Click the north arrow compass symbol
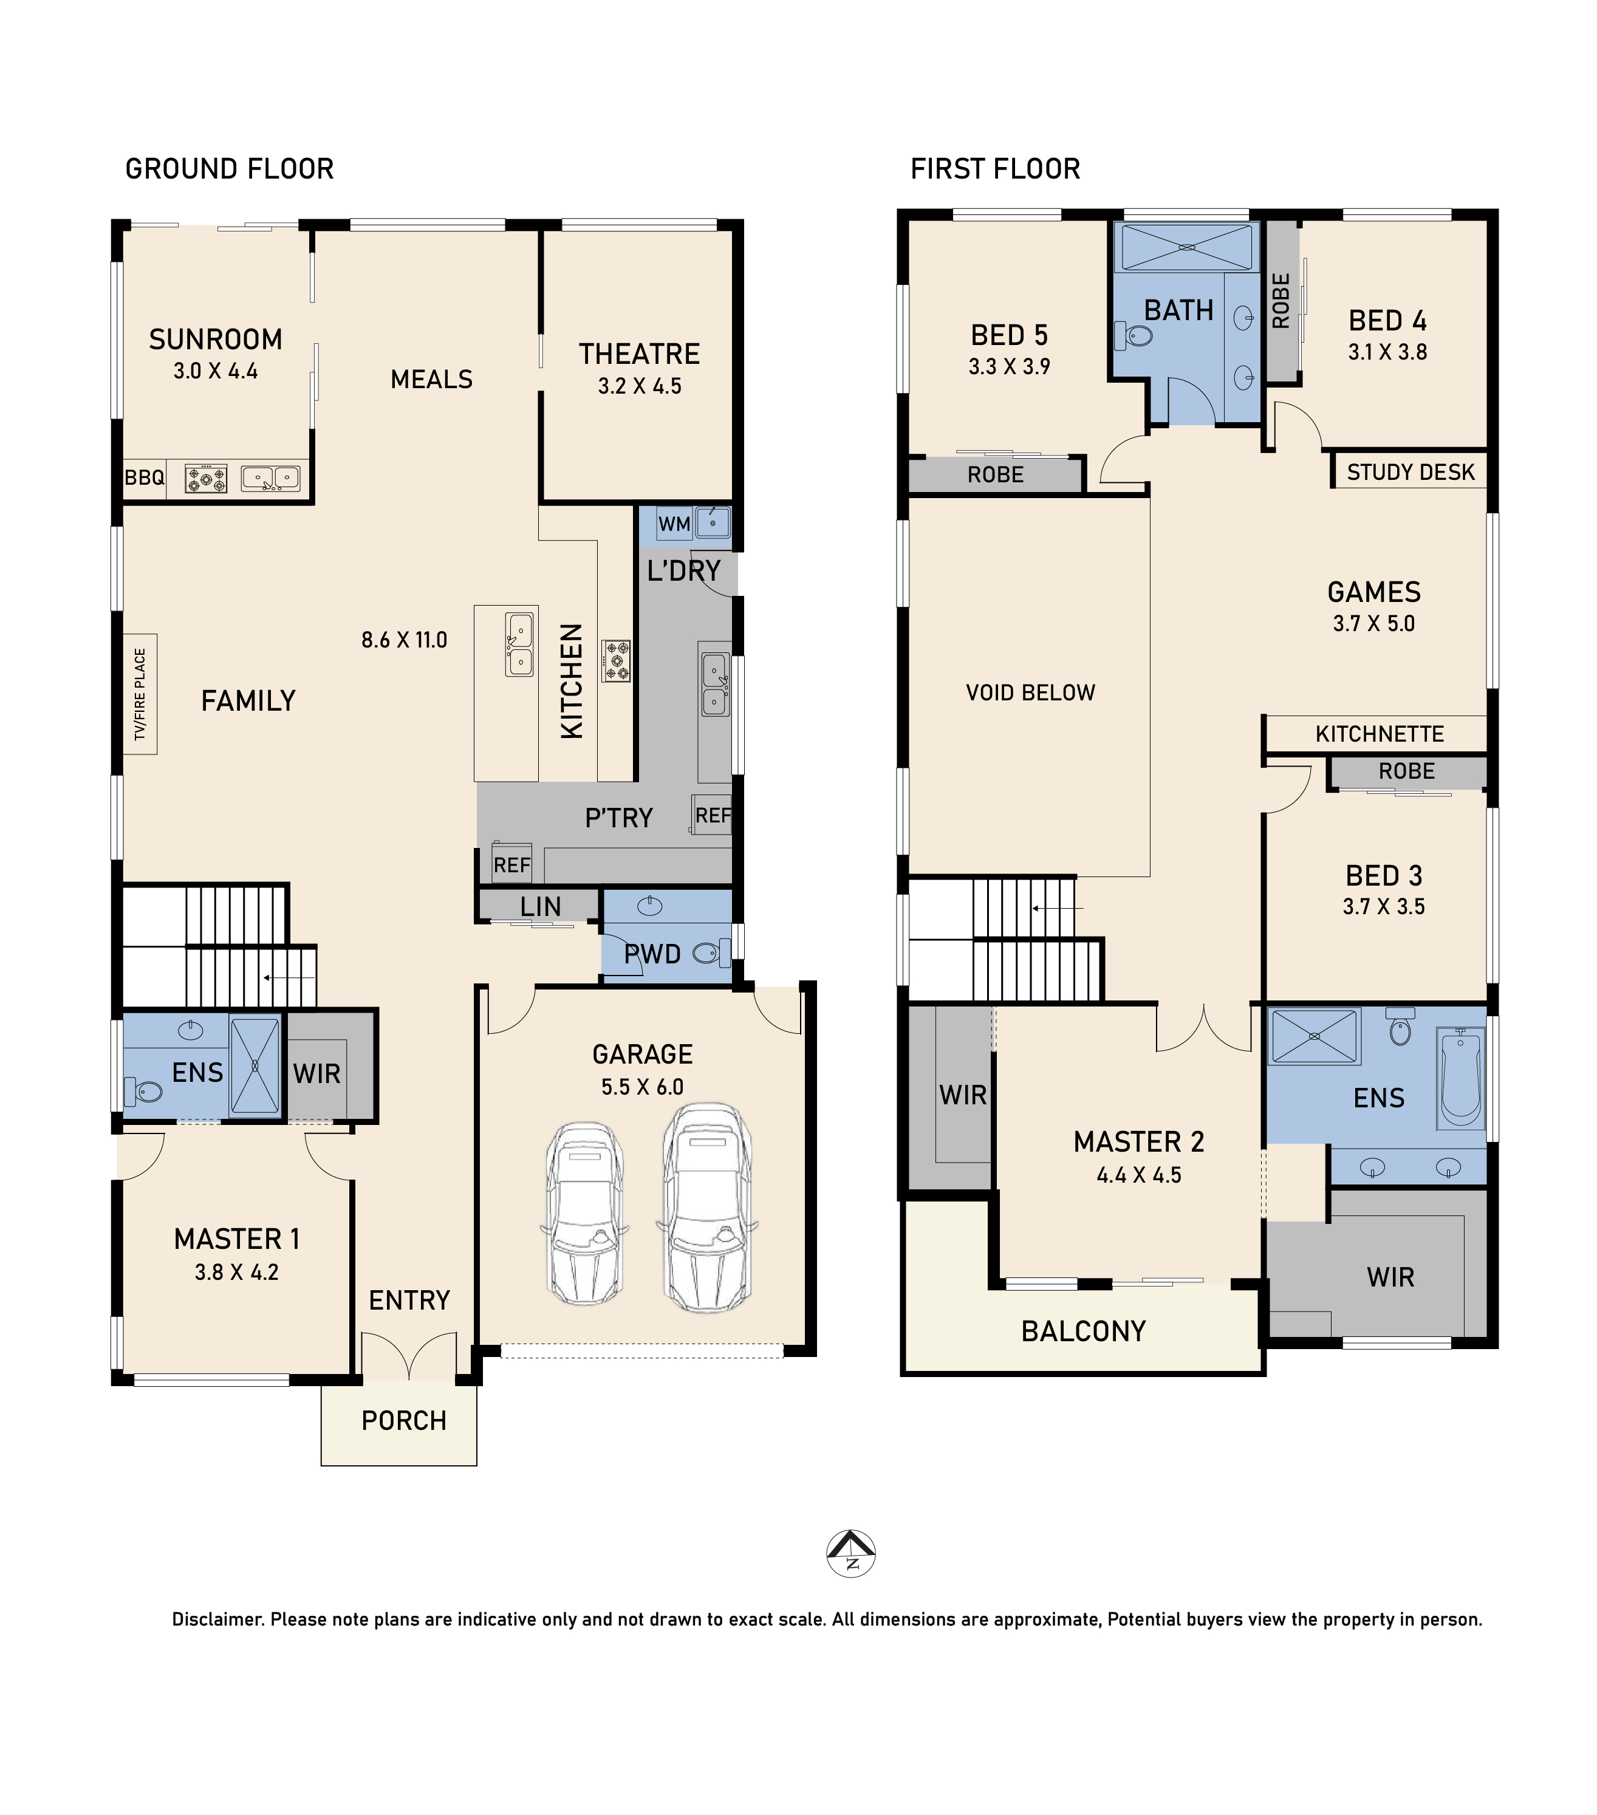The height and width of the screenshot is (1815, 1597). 851,1554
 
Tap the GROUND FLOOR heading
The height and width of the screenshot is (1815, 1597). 229,169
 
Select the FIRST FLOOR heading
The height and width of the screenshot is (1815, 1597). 995,169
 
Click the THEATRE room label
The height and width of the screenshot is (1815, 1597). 640,354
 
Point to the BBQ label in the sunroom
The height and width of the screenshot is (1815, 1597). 144,477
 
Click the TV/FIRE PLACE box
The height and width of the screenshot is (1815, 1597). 140,694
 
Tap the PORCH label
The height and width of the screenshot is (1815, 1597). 404,1421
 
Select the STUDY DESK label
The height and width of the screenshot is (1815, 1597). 1411,473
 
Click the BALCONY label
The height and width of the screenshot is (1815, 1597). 1084,1331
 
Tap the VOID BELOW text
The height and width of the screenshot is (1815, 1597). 1030,692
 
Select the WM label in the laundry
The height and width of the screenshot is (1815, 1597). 674,524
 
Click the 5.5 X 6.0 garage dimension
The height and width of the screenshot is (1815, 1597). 642,1087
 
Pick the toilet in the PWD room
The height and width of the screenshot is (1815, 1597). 711,954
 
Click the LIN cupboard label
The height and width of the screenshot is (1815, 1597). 541,907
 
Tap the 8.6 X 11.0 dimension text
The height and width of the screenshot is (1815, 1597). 404,640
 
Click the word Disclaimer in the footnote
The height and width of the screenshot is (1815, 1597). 217,1619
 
